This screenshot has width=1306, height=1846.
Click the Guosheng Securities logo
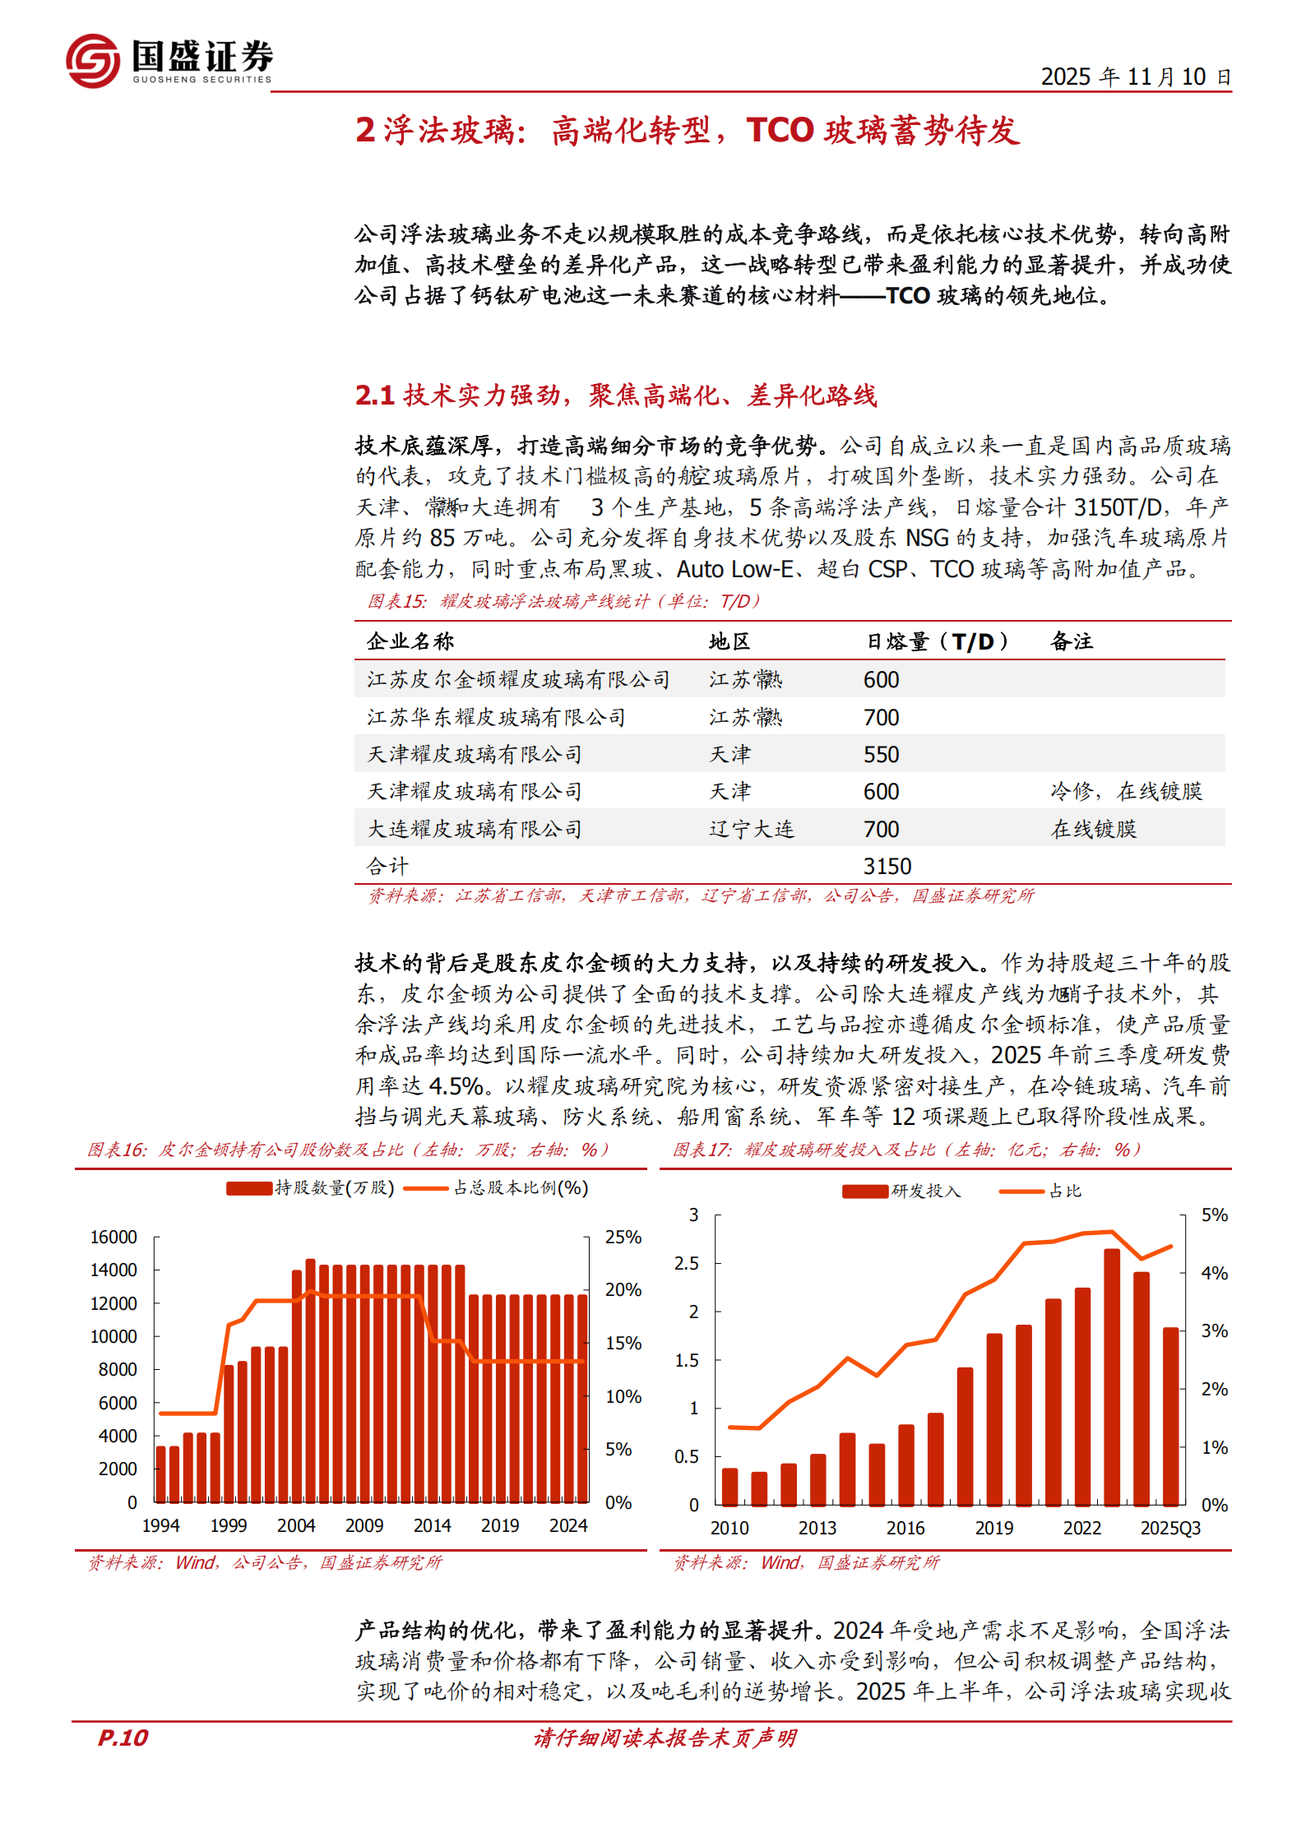click(169, 60)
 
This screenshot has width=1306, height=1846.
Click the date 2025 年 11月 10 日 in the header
click(1135, 77)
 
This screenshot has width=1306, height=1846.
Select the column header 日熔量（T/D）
click(938, 641)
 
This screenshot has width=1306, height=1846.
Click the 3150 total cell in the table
click(887, 866)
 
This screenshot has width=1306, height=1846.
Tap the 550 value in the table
click(881, 754)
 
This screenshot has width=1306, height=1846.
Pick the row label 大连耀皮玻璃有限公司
click(475, 829)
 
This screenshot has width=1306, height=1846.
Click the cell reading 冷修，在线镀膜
click(1126, 791)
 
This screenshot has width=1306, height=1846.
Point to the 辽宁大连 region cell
click(752, 829)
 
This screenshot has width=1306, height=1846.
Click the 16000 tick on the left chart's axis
click(113, 1237)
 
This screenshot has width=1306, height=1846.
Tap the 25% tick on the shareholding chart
click(623, 1237)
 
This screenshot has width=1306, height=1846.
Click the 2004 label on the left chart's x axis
click(296, 1525)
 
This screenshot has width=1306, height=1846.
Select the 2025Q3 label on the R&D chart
click(1169, 1528)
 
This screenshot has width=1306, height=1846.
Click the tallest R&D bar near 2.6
click(1112, 1376)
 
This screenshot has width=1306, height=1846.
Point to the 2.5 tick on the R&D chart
click(686, 1263)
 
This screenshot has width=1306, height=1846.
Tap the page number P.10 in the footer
click(123, 1737)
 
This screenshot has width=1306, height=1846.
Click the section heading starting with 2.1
click(615, 396)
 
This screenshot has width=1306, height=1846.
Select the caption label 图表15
click(396, 601)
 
